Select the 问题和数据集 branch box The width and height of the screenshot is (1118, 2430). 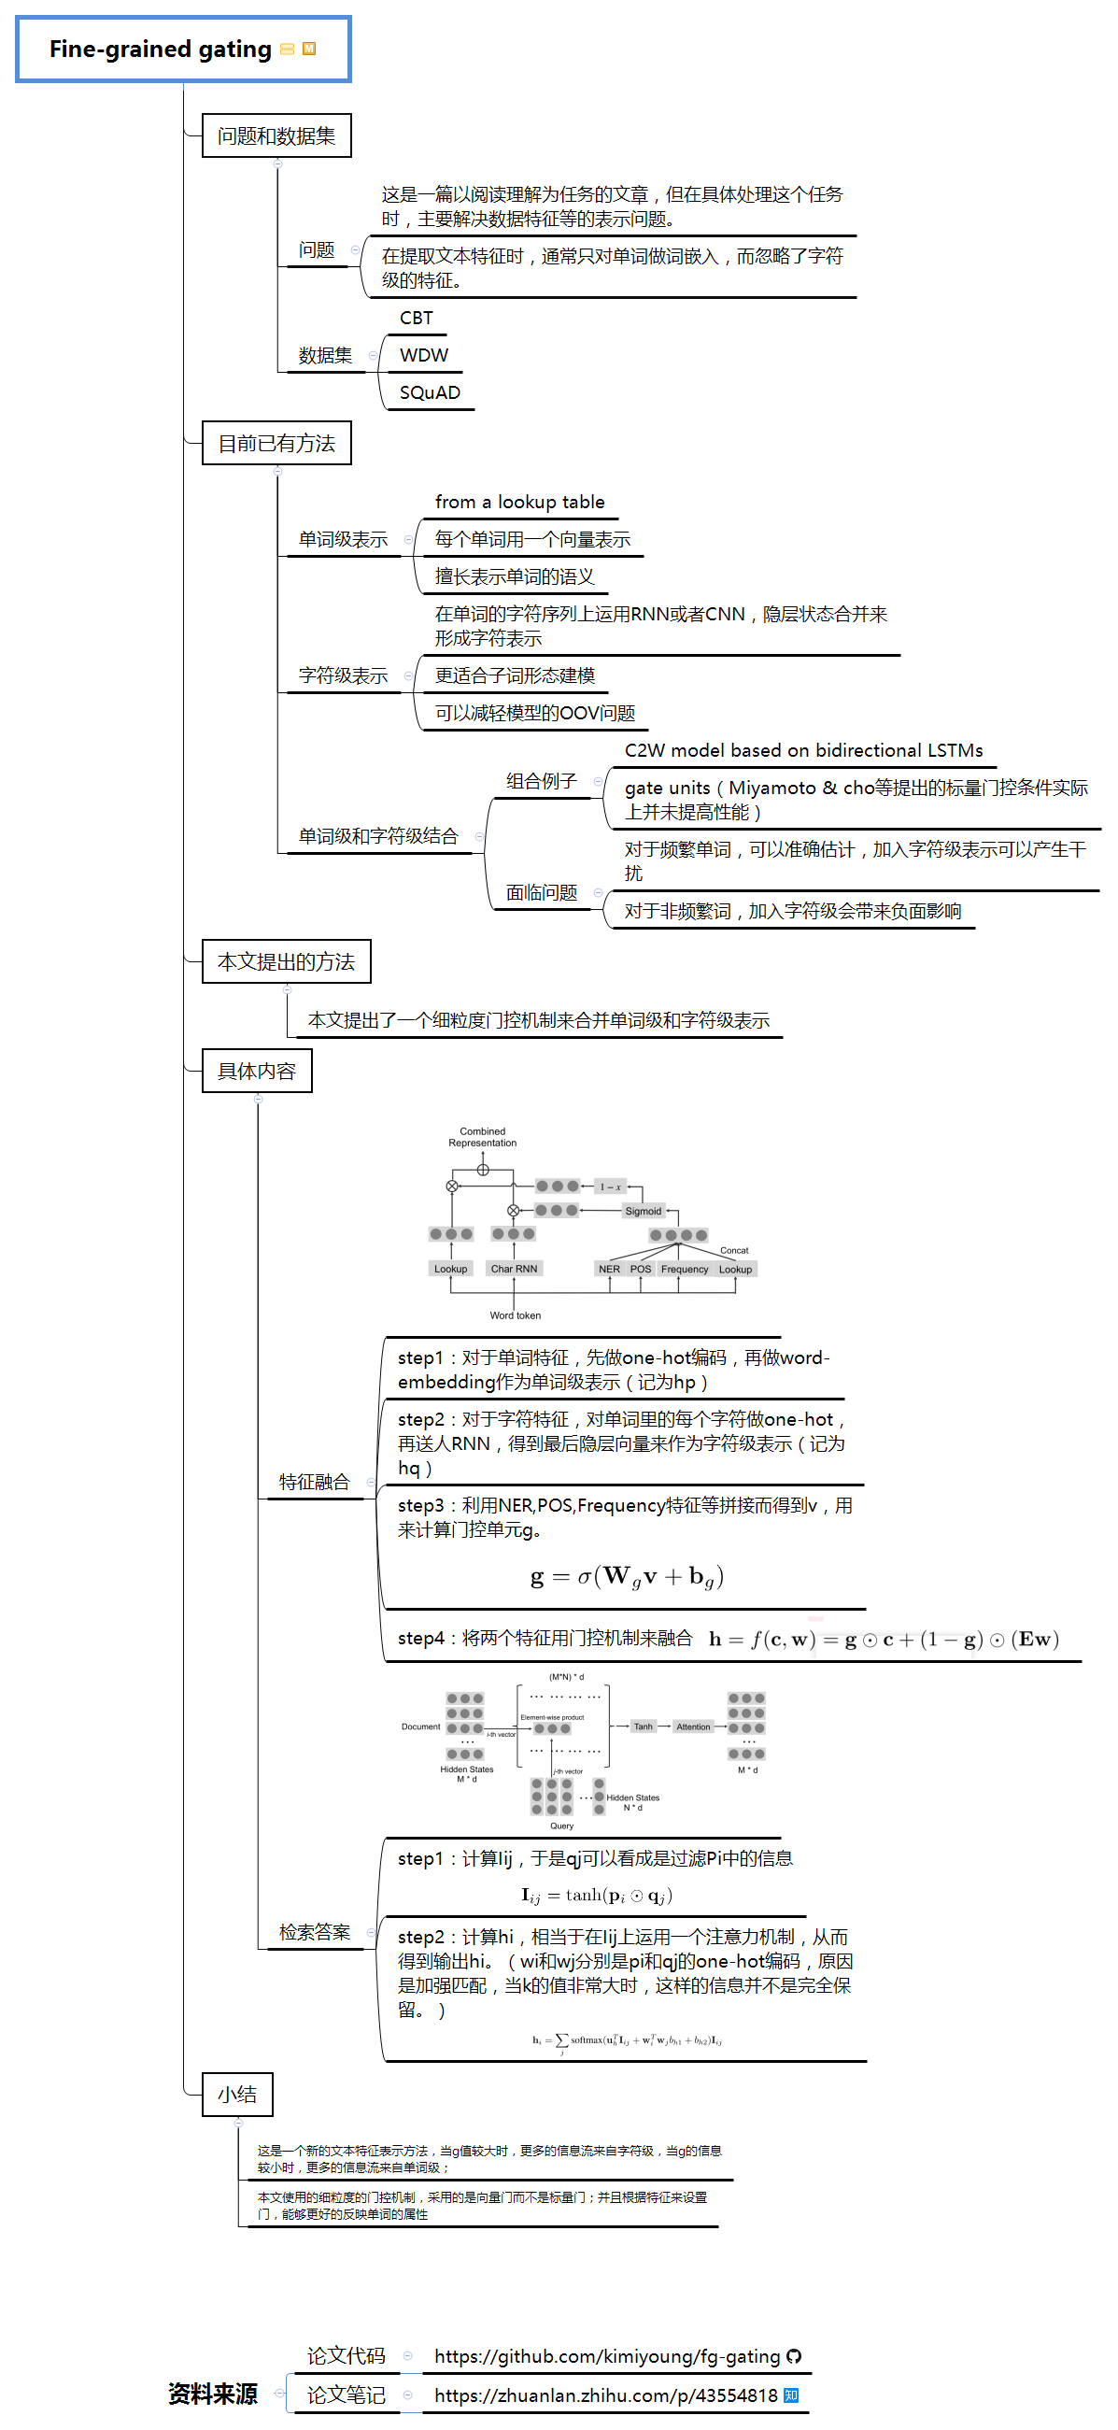(276, 135)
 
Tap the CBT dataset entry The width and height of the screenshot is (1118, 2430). (416, 318)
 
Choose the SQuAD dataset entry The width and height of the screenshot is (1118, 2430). (430, 392)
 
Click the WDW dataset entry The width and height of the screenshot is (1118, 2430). (424, 356)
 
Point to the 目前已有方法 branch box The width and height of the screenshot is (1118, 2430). (276, 444)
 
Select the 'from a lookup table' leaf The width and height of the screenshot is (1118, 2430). (519, 502)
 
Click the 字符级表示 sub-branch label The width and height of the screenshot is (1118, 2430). (343, 675)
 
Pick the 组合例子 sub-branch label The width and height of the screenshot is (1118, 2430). (541, 781)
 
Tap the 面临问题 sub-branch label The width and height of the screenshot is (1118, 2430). (541, 892)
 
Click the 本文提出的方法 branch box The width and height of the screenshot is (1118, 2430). (286, 961)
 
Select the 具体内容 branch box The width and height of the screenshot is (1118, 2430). (257, 1071)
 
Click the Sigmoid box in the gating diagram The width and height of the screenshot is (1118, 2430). (643, 1211)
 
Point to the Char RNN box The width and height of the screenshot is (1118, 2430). (515, 1269)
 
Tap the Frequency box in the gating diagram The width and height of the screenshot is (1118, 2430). (684, 1270)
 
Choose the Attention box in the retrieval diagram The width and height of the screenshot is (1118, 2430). (692, 1727)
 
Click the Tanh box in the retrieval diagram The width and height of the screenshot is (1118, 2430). (643, 1727)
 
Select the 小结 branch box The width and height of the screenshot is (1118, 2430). (237, 2095)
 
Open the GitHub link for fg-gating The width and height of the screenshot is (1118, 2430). (607, 2356)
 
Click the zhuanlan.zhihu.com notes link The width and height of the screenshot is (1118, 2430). (606, 2395)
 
